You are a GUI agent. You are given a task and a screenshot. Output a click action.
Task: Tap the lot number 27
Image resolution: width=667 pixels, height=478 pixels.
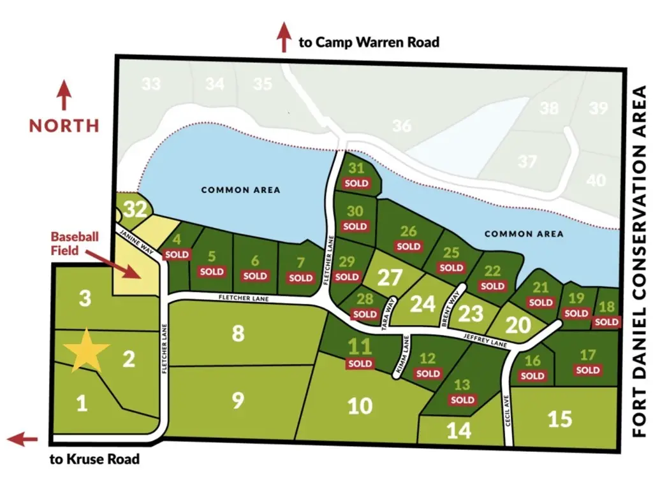tap(390, 278)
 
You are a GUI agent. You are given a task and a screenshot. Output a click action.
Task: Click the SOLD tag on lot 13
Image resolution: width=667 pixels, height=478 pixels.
tap(462, 400)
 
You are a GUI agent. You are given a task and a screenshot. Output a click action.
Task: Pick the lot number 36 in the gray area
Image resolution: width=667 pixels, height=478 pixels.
tap(402, 126)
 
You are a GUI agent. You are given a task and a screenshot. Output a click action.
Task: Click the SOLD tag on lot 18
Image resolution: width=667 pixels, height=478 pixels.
tap(607, 322)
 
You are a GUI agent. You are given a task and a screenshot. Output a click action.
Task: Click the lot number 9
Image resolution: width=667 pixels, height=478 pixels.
tap(237, 400)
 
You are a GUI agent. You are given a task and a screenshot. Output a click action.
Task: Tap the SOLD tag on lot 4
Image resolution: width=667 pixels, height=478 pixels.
tap(177, 254)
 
